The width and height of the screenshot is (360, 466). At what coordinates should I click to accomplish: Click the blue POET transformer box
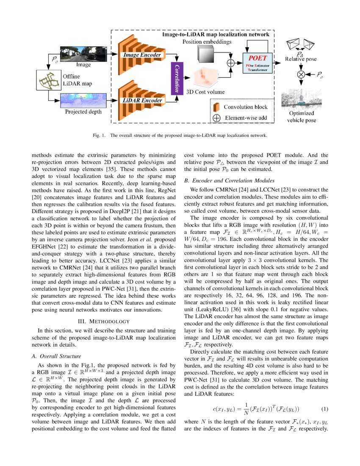[x=258, y=63]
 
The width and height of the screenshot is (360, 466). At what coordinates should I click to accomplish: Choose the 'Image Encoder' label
[x=142, y=55]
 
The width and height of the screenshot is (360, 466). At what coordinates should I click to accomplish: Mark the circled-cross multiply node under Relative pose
[x=302, y=74]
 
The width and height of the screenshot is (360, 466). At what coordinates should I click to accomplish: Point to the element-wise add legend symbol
[x=216, y=118]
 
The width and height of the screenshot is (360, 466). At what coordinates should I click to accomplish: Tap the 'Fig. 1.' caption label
[x=99, y=136]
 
